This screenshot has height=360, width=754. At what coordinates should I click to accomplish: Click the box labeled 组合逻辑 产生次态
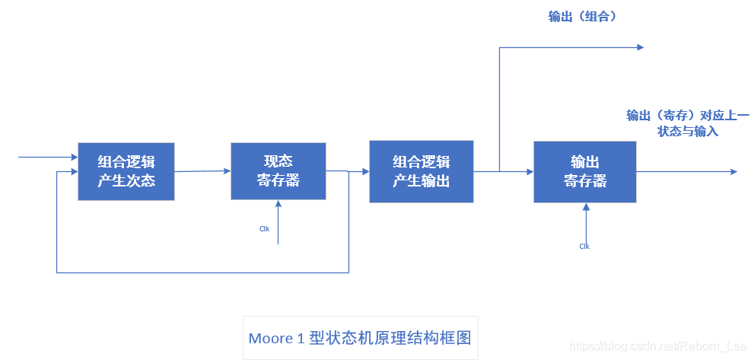click(126, 171)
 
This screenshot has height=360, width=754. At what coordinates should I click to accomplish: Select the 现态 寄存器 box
click(278, 171)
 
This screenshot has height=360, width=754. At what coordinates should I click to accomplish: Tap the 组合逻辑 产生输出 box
click(421, 171)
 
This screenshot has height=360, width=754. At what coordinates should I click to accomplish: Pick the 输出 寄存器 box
click(584, 171)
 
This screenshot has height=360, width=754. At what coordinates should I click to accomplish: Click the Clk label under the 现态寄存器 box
click(264, 228)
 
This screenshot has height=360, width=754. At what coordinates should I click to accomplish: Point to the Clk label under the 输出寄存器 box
click(584, 246)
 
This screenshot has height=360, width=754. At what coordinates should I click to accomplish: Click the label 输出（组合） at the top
click(582, 17)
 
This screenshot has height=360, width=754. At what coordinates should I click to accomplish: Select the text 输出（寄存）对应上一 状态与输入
click(687, 123)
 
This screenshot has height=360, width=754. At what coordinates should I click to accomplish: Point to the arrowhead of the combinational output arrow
click(640, 47)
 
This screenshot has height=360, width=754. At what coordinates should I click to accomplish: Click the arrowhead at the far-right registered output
click(733, 172)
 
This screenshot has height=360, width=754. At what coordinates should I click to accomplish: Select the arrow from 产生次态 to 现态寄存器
click(202, 171)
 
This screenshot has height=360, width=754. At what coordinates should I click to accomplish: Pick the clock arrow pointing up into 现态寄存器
click(278, 221)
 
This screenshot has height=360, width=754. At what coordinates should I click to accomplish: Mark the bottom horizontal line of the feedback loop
click(202, 272)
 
